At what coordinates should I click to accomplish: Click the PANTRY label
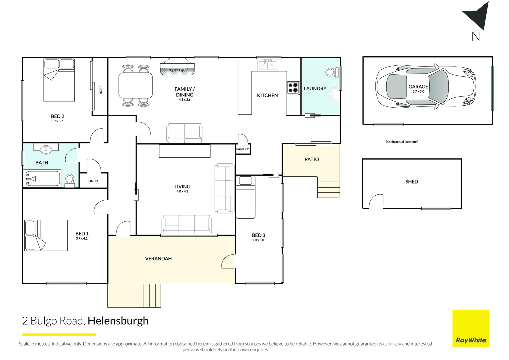(243, 149)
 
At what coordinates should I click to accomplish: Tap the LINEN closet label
(93, 181)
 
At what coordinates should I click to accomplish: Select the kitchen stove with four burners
(293, 88)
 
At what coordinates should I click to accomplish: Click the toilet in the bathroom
(70, 180)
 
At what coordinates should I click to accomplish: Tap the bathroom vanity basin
(46, 149)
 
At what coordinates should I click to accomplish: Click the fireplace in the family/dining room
(177, 67)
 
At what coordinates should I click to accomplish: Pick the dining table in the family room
(136, 85)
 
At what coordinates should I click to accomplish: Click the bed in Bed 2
(59, 80)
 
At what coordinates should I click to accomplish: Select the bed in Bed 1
(46, 235)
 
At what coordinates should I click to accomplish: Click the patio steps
(328, 189)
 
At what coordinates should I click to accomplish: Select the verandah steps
(152, 295)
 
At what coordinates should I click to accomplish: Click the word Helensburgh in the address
(118, 321)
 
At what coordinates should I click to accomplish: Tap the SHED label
(411, 182)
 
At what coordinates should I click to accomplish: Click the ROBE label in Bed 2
(101, 90)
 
